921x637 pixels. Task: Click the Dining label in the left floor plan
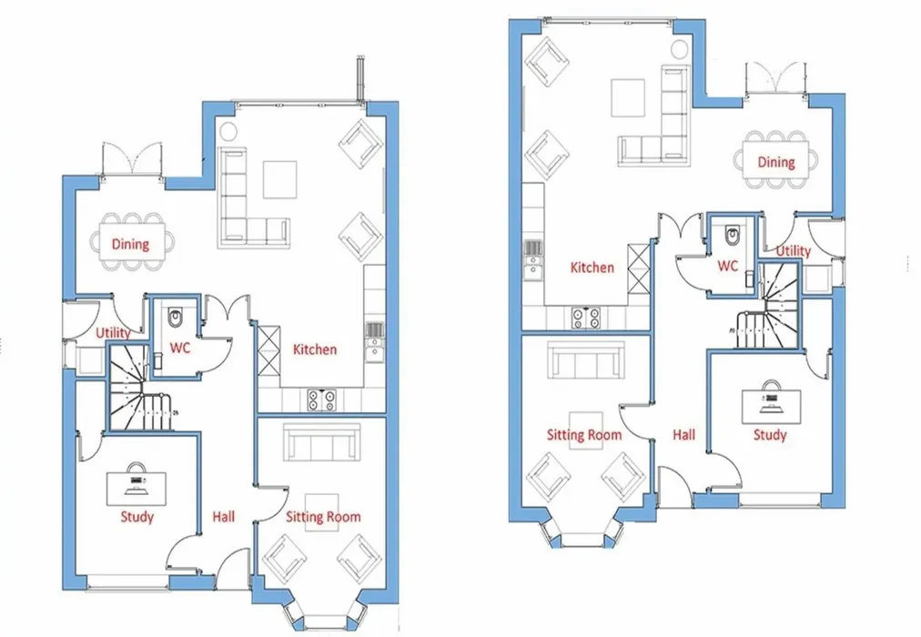[130, 244]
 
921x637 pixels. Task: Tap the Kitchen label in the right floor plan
[592, 268]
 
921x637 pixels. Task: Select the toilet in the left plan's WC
[175, 318]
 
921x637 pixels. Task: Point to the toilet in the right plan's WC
[733, 235]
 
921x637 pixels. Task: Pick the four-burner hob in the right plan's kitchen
[586, 318]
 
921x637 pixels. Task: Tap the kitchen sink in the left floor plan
[374, 341]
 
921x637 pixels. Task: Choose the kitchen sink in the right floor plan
[532, 260]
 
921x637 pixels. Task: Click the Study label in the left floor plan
[137, 517]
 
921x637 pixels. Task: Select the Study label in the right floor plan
[770, 434]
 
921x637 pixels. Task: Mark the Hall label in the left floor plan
[223, 517]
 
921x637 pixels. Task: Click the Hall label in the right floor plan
[683, 434]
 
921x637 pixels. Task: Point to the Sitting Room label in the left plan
[323, 517]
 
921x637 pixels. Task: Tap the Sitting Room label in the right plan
[584, 434]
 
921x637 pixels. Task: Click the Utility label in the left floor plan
[113, 333]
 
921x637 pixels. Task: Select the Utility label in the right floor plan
[793, 250]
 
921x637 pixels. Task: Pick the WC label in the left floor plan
[179, 348]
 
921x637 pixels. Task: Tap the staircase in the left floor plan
[141, 388]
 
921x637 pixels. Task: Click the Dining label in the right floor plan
[776, 162]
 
